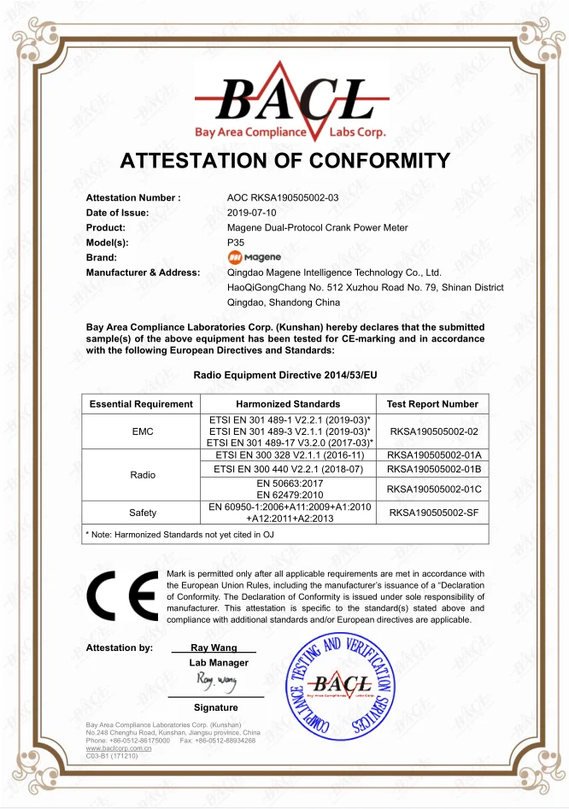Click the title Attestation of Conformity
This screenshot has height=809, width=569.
[285, 161]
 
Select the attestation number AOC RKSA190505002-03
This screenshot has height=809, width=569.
[283, 197]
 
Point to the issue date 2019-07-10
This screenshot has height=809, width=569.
[252, 213]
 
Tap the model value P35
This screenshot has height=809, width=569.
[236, 243]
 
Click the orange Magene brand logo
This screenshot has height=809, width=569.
[254, 257]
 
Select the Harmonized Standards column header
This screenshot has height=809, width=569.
[288, 404]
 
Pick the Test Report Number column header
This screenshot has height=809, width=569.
[432, 404]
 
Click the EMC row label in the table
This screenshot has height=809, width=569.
[143, 432]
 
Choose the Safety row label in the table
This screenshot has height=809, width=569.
[143, 513]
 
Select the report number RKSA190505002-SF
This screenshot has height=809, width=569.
[432, 513]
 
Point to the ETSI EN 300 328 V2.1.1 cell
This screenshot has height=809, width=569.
[289, 455]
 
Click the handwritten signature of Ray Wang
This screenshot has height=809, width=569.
[215, 683]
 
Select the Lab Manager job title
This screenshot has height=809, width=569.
[219, 663]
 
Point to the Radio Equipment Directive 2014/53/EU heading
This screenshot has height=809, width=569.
[285, 375]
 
